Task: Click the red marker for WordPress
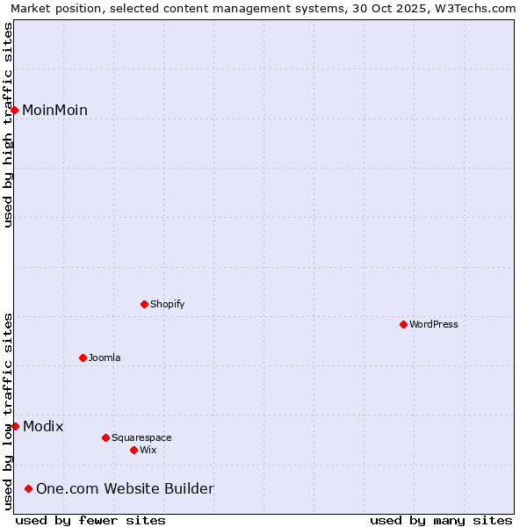[x=403, y=324]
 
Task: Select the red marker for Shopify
[x=144, y=304]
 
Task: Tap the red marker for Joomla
[x=83, y=357]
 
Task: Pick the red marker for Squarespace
[x=105, y=437]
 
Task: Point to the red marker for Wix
[x=134, y=450]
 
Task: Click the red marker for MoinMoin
[x=15, y=110]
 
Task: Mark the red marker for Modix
[x=15, y=426]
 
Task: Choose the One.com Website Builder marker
[x=28, y=488]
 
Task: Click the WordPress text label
[x=434, y=324]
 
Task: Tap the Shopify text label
[x=167, y=304]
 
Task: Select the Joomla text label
[x=105, y=357]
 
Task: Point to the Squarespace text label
[x=141, y=437]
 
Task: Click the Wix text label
[x=148, y=450]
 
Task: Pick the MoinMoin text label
[x=54, y=110]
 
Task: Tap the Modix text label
[x=43, y=426]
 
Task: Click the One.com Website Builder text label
[x=125, y=488]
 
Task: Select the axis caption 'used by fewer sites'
[x=90, y=520]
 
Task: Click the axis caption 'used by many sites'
[x=441, y=520]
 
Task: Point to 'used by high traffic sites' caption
[x=8, y=125]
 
